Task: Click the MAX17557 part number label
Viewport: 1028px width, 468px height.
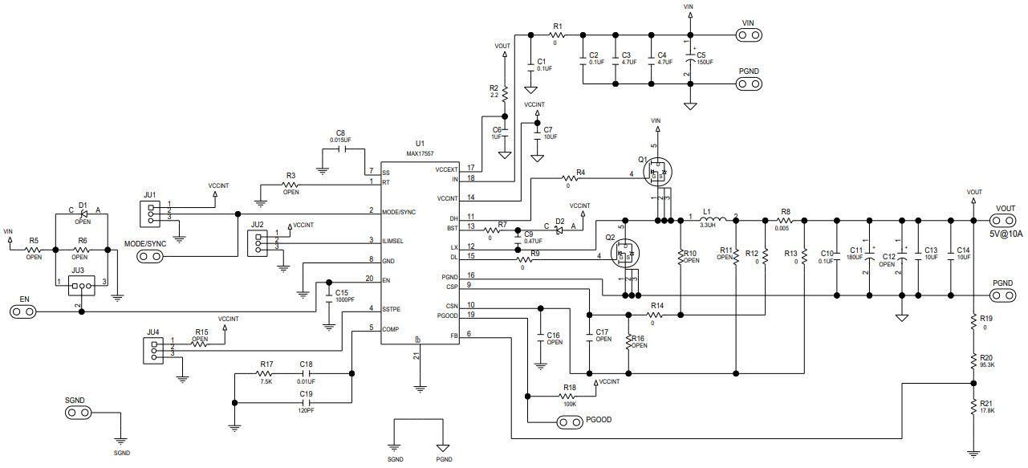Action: coord(420,153)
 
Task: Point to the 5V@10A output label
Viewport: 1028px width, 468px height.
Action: coord(1006,234)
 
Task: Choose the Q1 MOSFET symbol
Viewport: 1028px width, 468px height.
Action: coord(657,171)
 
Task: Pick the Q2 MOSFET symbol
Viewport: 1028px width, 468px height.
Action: coord(624,254)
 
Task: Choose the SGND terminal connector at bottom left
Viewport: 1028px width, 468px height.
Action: coord(78,413)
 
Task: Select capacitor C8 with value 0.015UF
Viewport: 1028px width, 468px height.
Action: coord(340,149)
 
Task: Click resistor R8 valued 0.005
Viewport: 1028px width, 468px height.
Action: coord(785,218)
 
